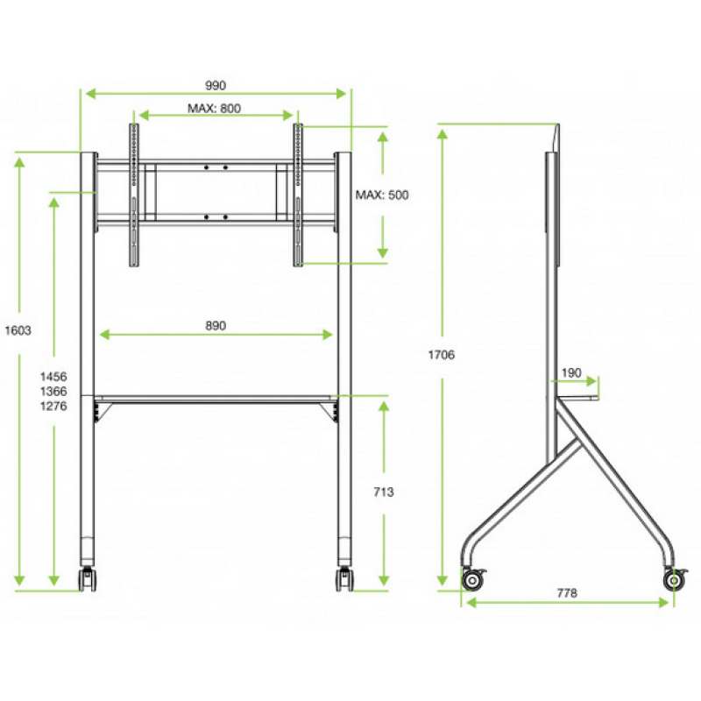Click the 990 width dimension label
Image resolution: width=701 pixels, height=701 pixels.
pos(216,85)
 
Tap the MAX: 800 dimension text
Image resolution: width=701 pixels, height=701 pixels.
pos(214,108)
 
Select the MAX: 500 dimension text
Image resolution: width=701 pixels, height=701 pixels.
pos(382,195)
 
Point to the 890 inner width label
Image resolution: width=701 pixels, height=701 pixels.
pos(216,325)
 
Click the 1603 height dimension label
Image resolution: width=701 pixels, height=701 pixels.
pos(18,330)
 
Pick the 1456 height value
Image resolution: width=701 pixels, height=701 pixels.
pos(53,377)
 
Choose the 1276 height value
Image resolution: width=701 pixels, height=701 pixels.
pos(53,406)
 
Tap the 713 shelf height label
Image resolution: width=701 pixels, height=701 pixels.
pos(384,492)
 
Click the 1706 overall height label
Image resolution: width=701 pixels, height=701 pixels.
pos(442,355)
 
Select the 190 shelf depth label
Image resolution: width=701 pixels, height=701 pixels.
pos(571,372)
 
